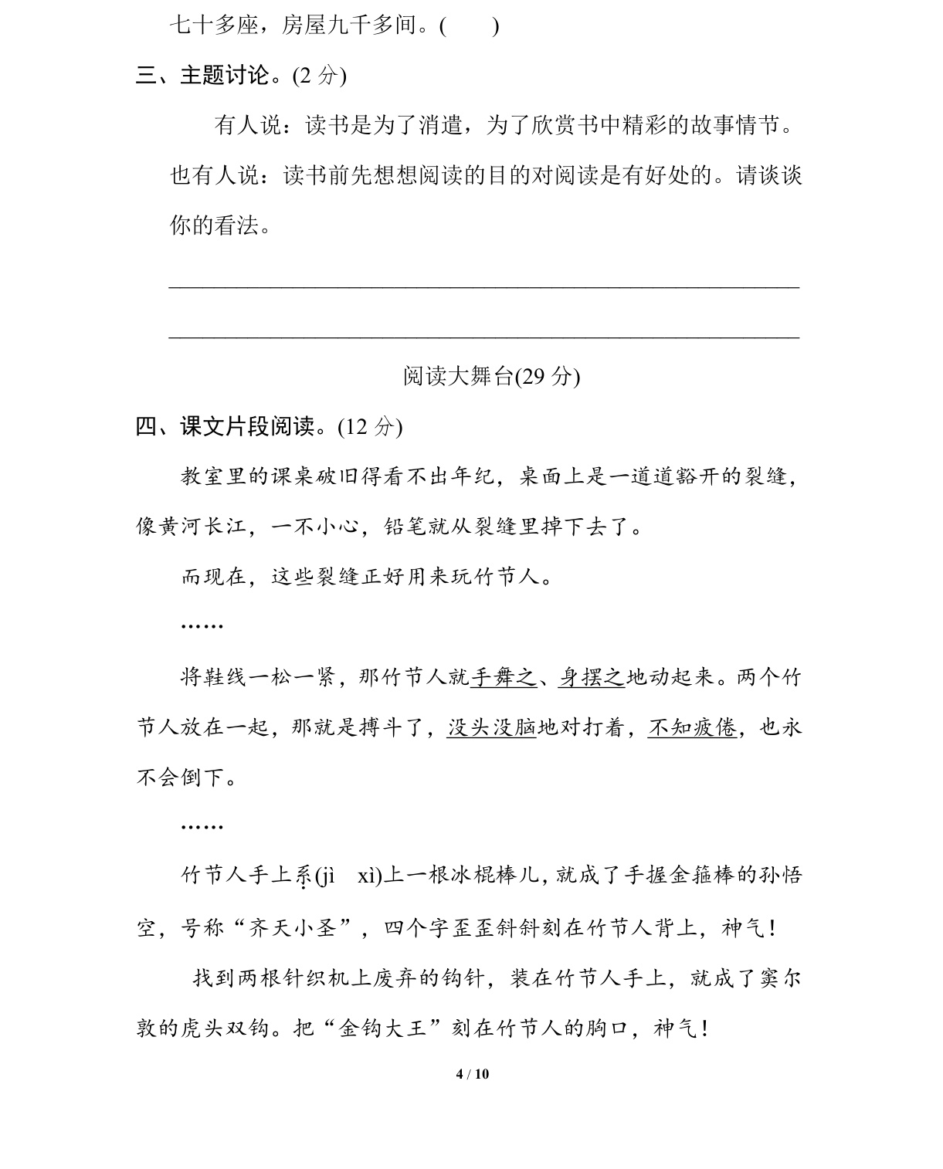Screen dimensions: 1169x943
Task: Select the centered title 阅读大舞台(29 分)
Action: tap(491, 376)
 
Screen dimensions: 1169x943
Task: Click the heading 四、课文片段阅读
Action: tap(235, 426)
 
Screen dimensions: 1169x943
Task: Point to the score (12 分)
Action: tap(370, 426)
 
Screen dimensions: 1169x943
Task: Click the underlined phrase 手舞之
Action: tap(503, 678)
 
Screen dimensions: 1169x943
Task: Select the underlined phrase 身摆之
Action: tap(592, 678)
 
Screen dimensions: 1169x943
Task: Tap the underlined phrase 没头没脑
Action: tap(491, 727)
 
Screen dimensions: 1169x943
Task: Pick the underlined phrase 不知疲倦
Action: tap(692, 727)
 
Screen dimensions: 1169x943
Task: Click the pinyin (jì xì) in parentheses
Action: tap(348, 876)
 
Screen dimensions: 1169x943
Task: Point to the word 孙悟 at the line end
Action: tap(781, 876)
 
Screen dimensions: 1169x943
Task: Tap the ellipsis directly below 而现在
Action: tap(202, 625)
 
